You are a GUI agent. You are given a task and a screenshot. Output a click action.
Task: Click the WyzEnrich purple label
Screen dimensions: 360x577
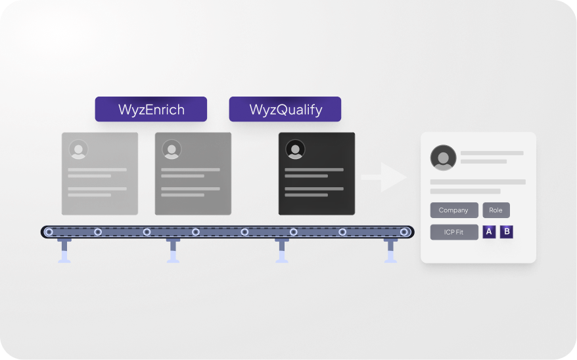(x=151, y=110)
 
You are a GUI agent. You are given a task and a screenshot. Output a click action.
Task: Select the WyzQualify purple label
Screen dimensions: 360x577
(x=285, y=110)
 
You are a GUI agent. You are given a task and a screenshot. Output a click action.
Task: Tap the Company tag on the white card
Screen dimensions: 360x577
(x=454, y=210)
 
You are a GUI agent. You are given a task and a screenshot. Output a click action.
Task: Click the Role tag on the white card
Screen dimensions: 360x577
(x=496, y=210)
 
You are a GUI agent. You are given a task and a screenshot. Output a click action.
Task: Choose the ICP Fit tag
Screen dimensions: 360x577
(x=454, y=232)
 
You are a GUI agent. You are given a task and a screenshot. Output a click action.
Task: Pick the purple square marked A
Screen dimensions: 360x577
(x=489, y=232)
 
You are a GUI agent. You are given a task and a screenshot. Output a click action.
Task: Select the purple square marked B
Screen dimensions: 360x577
(x=507, y=232)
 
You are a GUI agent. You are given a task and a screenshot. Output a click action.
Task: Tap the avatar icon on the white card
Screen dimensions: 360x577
(x=444, y=158)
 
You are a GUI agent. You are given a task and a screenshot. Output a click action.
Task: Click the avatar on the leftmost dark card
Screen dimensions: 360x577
(x=78, y=149)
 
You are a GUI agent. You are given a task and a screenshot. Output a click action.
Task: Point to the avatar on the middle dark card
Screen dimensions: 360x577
(x=172, y=149)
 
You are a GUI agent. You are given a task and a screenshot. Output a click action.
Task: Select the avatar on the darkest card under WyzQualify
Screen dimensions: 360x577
(x=295, y=149)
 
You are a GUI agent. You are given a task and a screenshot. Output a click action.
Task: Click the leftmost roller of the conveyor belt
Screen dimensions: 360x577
(x=49, y=232)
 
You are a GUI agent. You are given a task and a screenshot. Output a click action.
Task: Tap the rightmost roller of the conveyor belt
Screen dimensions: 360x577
(x=404, y=232)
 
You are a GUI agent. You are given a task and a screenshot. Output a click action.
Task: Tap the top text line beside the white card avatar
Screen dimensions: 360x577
(x=492, y=153)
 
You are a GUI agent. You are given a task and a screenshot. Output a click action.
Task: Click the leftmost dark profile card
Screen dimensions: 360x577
(x=100, y=173)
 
